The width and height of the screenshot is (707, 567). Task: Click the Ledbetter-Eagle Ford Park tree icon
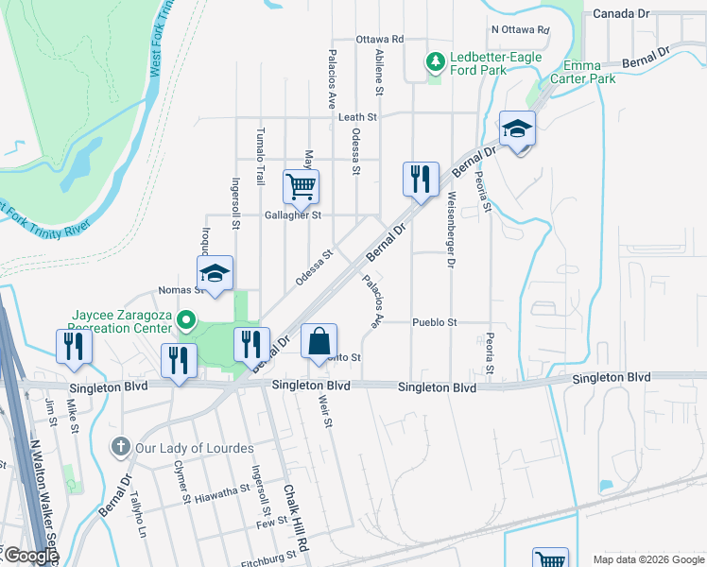click(435, 62)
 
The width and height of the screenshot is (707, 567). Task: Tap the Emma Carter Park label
click(589, 72)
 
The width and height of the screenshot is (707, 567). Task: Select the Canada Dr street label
click(621, 14)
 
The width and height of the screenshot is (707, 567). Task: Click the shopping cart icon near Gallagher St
click(301, 186)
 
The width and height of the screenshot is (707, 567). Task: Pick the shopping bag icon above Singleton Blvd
click(319, 340)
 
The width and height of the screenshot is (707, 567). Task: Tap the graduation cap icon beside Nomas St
click(216, 275)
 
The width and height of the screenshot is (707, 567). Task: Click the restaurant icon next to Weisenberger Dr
click(421, 178)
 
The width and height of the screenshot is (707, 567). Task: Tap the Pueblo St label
click(435, 322)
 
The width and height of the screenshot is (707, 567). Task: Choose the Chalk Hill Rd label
click(296, 519)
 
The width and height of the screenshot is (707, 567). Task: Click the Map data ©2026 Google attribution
click(647, 559)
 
